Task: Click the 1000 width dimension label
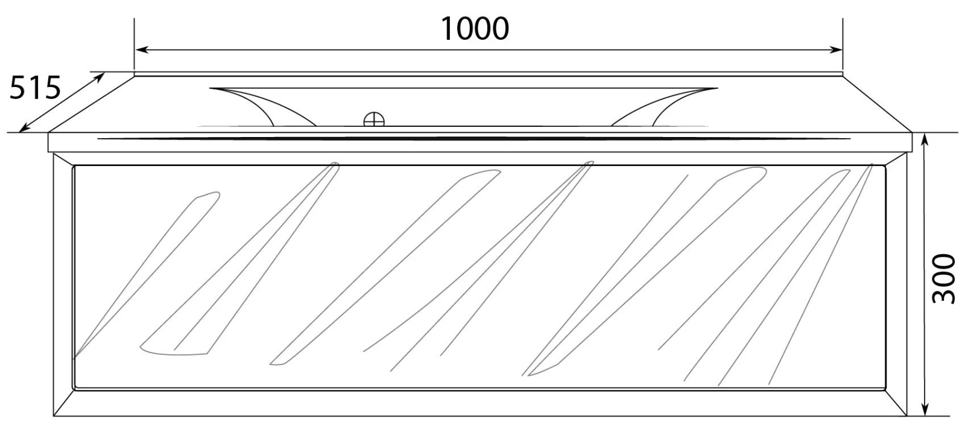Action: (x=475, y=30)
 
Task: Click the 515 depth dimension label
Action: (x=35, y=88)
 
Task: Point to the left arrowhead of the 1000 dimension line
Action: (x=142, y=50)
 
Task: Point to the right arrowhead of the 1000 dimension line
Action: (x=836, y=50)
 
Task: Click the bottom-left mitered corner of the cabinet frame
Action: (x=64, y=403)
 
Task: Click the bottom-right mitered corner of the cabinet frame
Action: (x=896, y=403)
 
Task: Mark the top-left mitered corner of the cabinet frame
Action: (x=64, y=159)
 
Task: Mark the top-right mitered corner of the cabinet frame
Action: (x=896, y=159)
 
